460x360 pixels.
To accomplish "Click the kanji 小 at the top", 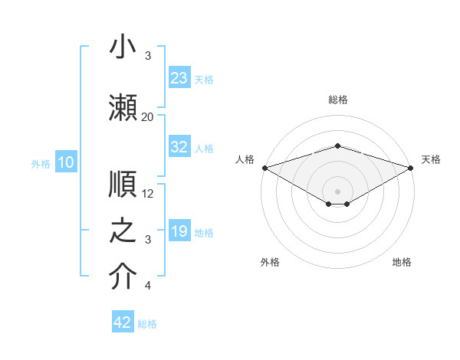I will pos(123,47).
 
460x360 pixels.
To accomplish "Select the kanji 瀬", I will pos(123,106).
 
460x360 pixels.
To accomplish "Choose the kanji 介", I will pos(123,277).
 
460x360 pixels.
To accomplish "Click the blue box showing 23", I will pos(179,78).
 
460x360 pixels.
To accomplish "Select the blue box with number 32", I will pos(179,147).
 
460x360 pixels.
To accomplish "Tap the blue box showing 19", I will pos(179,231).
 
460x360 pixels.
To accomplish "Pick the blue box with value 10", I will pos(65,162).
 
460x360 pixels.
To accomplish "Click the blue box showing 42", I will pos(123,322).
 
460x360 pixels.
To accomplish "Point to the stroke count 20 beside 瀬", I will pos(147,117).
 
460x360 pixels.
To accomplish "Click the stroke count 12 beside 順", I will pos(148,194).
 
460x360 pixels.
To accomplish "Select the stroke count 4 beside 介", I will pos(148,286).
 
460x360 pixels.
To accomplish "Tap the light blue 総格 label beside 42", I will pos(147,324).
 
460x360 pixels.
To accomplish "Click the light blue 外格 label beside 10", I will pos(41,163).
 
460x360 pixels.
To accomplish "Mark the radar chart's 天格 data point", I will pos(411,167).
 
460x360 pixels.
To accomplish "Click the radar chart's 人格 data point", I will pos(264,167).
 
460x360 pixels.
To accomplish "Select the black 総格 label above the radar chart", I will pos(338,100).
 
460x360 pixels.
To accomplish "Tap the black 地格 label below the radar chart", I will pos(402,262).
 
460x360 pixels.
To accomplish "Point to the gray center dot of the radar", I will pos(337,191).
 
